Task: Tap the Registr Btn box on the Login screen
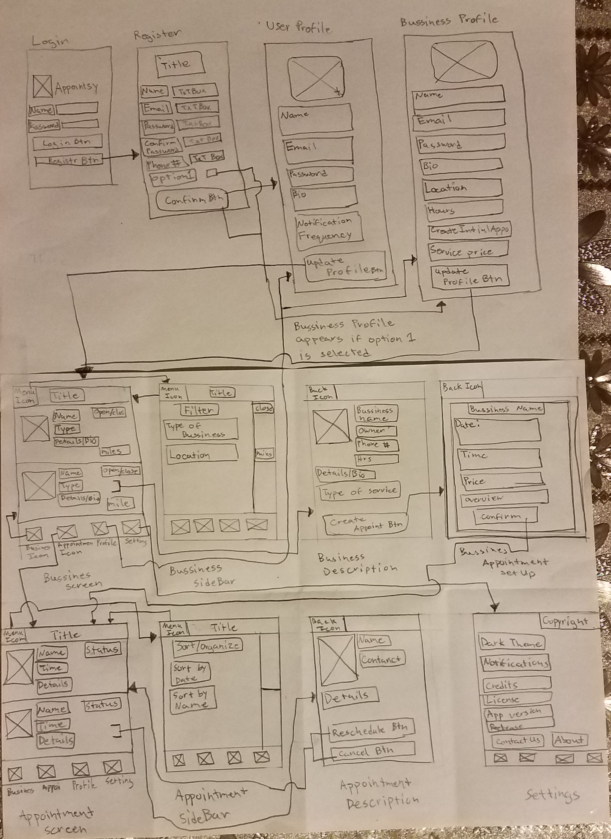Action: pos(69,160)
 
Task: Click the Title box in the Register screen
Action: pos(180,65)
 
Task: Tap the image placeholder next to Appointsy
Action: pos(42,86)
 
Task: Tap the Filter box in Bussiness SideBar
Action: pos(199,410)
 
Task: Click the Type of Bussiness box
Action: pos(201,429)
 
